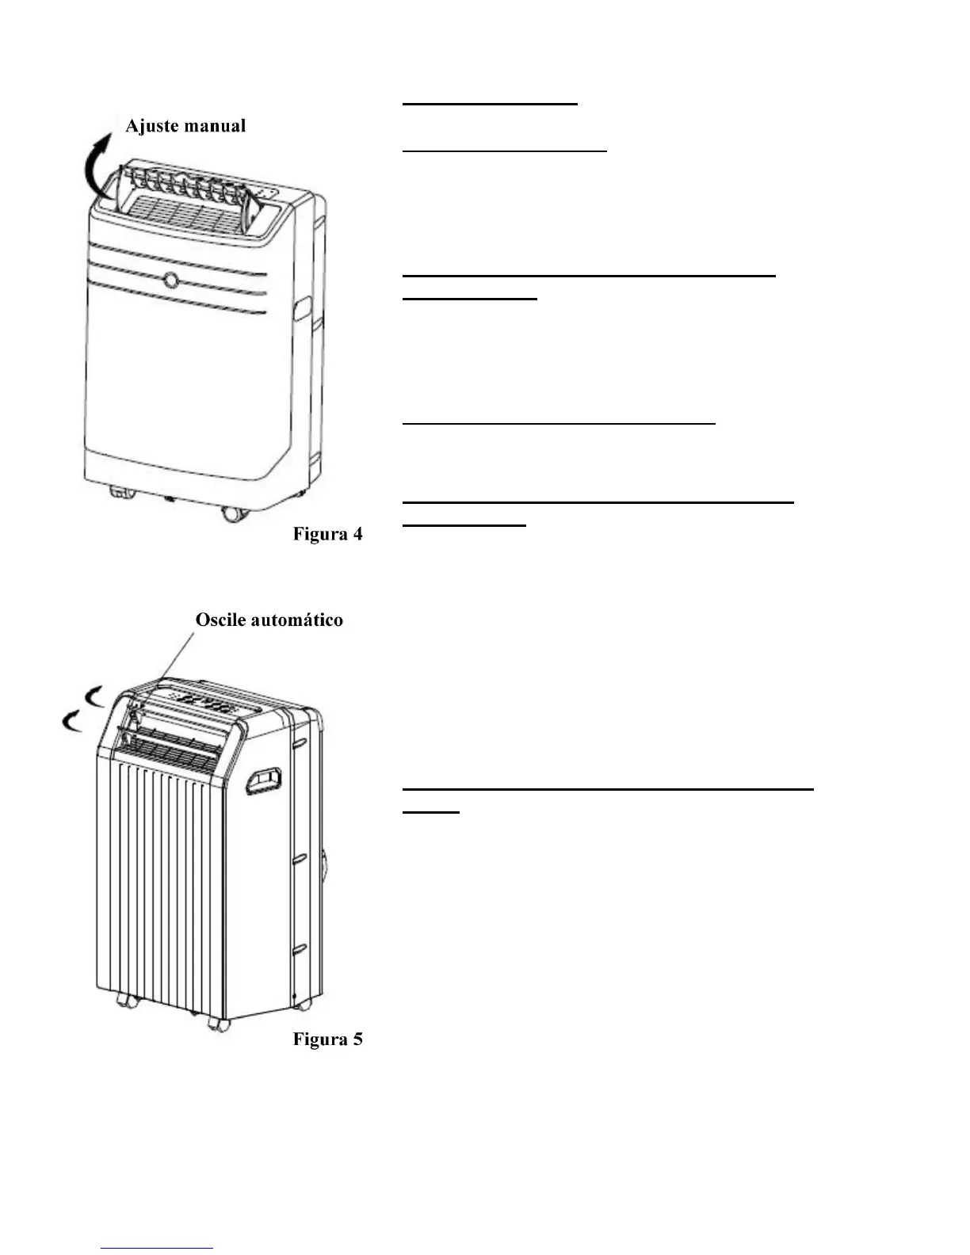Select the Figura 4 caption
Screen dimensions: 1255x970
(327, 534)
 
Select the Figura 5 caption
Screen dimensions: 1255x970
(327, 1039)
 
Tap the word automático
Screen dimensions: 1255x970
(296, 620)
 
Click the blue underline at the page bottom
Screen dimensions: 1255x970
(157, 1248)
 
